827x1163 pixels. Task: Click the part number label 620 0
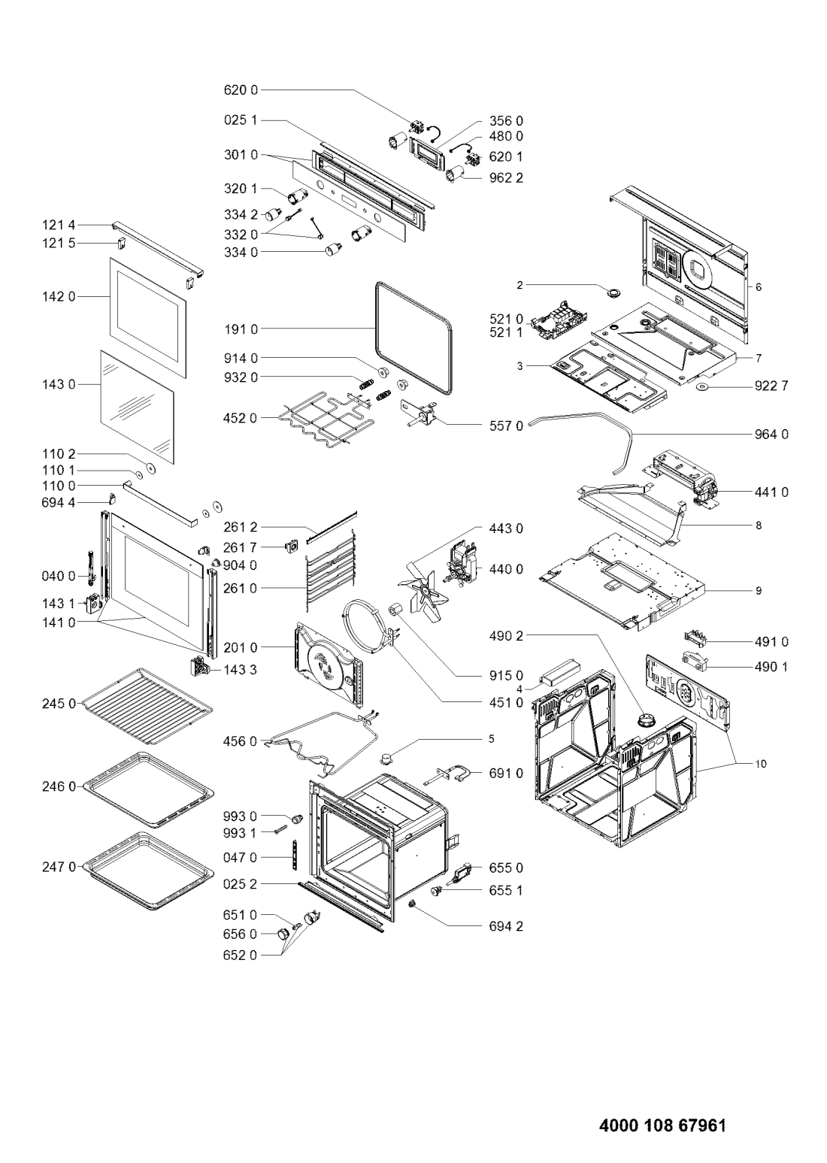point(241,89)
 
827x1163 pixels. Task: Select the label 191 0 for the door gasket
point(241,329)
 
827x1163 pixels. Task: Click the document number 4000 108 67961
point(662,1122)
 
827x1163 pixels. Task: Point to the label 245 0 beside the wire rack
point(59,703)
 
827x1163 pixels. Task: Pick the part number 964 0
point(771,434)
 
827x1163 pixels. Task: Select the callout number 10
point(761,764)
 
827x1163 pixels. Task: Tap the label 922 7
point(771,386)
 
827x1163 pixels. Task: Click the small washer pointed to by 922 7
point(704,387)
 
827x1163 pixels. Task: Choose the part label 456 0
point(241,741)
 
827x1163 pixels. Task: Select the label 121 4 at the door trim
point(59,225)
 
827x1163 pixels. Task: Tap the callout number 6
point(759,287)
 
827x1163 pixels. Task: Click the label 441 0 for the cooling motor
point(771,492)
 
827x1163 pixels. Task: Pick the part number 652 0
point(241,956)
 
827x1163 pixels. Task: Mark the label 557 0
point(506,426)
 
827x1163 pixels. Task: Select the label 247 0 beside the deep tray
point(59,867)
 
